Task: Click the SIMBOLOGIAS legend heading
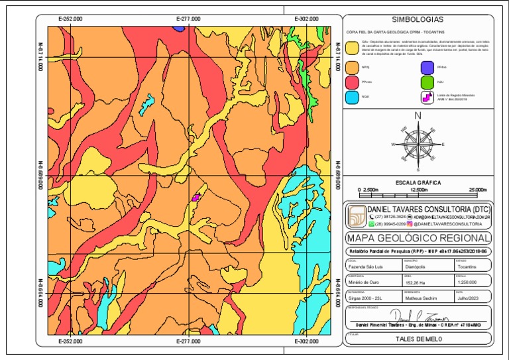(x=418, y=20)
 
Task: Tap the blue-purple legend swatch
(x=427, y=67)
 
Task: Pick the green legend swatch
(x=427, y=82)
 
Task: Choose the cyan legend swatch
(x=352, y=97)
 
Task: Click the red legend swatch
(x=352, y=82)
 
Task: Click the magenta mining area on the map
(x=196, y=197)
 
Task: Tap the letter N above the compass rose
(x=418, y=116)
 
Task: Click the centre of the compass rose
(x=418, y=143)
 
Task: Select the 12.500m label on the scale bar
(x=418, y=190)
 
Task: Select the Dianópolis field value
(x=417, y=267)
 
